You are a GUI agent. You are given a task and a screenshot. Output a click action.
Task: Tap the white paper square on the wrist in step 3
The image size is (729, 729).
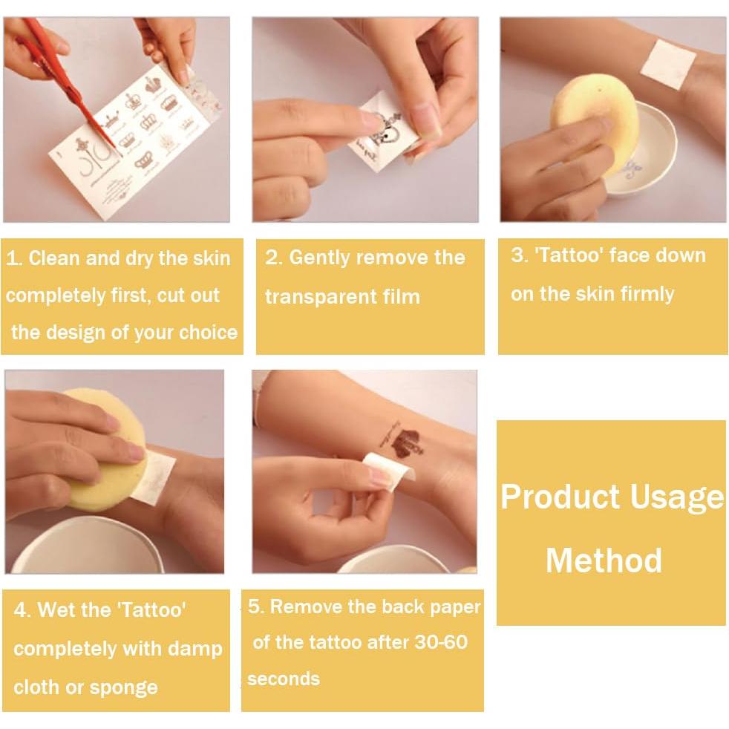coord(667,64)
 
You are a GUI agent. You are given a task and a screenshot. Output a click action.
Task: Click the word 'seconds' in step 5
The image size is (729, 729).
coord(284,679)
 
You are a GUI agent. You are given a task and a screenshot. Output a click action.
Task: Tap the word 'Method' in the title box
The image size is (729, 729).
coord(604,560)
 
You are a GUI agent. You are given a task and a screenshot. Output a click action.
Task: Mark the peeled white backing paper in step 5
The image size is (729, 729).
coord(384,471)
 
